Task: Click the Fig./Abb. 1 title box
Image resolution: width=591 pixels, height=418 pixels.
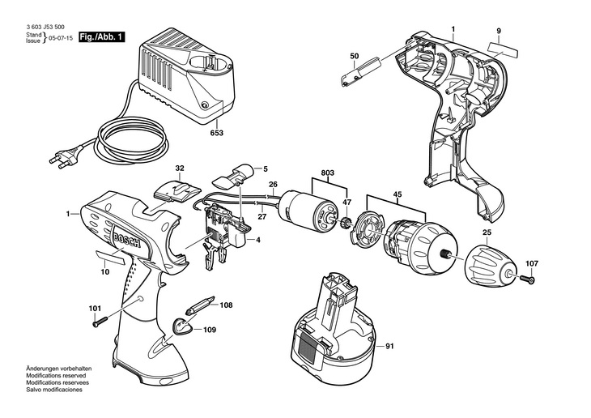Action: [x=101, y=37]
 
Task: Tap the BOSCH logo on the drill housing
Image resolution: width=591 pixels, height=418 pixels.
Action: [x=126, y=241]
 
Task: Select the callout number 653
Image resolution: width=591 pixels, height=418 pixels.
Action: [x=217, y=133]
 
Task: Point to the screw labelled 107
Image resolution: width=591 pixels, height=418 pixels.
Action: [x=528, y=279]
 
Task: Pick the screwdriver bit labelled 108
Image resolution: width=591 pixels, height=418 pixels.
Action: [x=201, y=305]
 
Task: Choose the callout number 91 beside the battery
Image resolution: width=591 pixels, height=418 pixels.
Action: [x=389, y=346]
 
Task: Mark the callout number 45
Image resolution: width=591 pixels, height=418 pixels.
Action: [x=398, y=194]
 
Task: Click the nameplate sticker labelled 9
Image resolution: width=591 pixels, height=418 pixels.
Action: [x=503, y=50]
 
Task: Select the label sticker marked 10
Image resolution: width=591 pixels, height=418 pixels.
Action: [x=110, y=258]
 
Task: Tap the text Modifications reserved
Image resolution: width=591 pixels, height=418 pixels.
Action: [x=56, y=375]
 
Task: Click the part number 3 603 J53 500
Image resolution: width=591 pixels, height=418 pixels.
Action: [x=45, y=27]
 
